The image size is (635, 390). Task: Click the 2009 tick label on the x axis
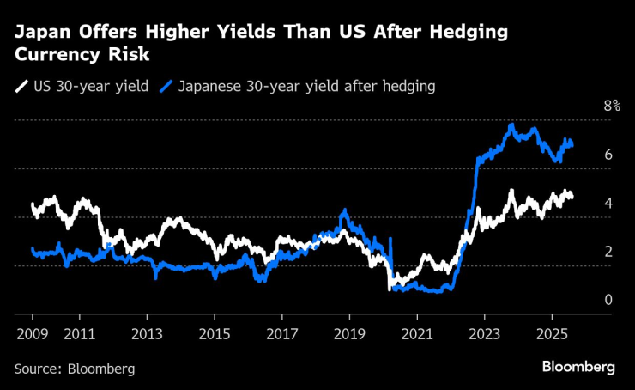pos(31,333)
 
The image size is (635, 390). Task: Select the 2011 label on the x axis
pos(79,333)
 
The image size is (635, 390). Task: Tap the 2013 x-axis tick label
pos(147,333)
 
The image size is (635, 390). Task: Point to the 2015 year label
pos(214,333)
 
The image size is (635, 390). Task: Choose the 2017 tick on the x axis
pos(281,333)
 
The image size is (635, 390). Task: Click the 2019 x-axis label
pos(349,333)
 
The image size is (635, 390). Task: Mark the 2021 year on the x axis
pos(416,333)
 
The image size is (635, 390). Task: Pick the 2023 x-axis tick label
pos(484,333)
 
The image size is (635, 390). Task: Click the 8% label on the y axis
pos(612,106)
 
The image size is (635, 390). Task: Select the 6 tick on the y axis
pos(608,155)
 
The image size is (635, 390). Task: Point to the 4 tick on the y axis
pos(608,203)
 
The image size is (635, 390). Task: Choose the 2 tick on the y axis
pos(608,251)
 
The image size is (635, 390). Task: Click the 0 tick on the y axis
pos(608,299)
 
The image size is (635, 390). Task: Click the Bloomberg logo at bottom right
pos(578,367)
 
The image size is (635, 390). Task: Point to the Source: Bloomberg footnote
pos(75,368)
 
